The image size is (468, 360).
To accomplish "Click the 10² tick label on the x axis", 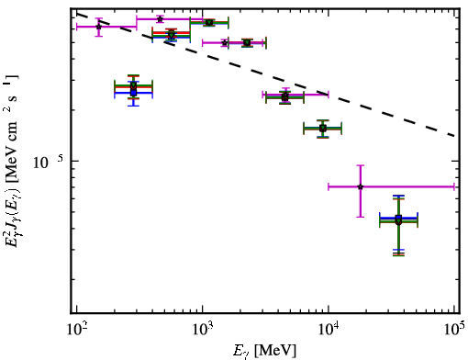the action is coord(76,330).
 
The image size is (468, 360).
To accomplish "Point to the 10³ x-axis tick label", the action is coord(203,330).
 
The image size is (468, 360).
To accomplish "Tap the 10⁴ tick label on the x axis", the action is coord(329,330).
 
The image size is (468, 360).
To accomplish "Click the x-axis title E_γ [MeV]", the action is coord(264,351).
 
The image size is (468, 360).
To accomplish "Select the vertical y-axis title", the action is coord(12,162).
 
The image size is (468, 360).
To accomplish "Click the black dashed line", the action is coord(265,74).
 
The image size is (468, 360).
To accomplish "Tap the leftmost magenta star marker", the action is coord(98,27).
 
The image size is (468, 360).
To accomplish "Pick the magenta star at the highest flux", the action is coord(160,19).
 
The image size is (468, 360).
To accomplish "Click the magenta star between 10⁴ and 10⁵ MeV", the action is coord(361,186).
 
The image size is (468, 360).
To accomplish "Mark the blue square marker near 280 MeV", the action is coord(133,93).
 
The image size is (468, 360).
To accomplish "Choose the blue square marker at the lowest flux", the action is coord(398,218).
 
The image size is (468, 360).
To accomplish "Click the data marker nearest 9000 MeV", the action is coord(323,128).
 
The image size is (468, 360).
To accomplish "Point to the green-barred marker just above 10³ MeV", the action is coord(209,22).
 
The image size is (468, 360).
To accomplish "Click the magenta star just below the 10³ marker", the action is coord(225,43).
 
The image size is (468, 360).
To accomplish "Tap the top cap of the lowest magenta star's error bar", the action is coord(361,165).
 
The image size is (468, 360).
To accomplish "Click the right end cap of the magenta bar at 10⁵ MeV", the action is coord(454,186).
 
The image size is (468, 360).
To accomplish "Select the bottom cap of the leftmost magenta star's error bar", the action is coord(98,36).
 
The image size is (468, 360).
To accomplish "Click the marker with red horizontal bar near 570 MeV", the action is coord(172,34).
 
